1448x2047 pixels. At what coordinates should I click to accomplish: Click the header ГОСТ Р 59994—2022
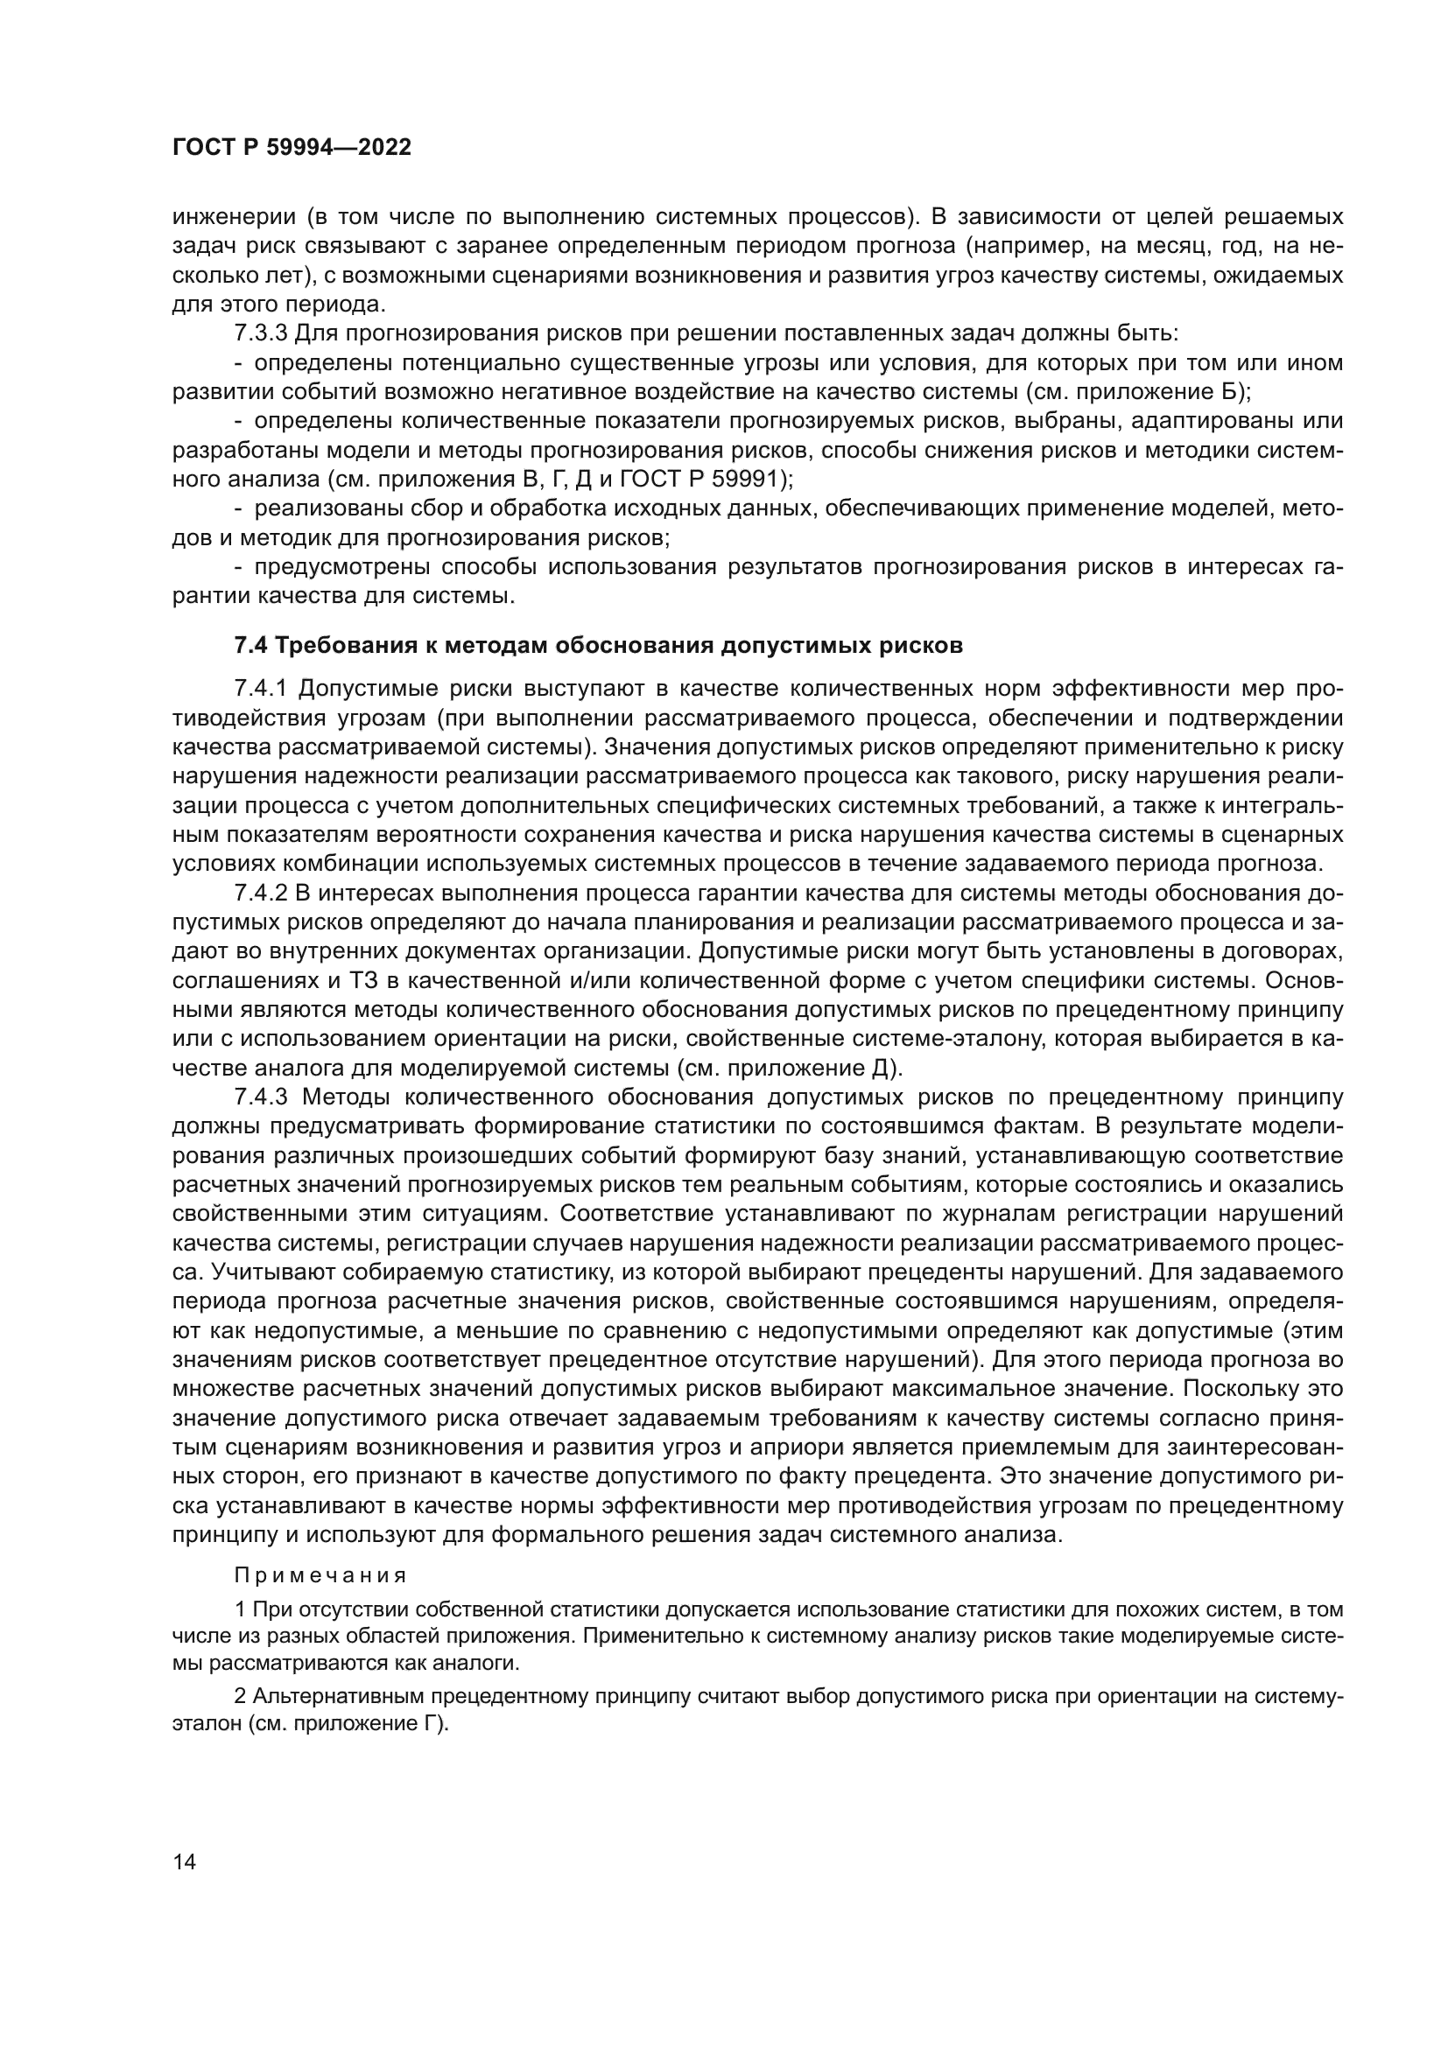coord(292,148)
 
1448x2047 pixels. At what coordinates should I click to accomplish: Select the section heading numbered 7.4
coord(598,646)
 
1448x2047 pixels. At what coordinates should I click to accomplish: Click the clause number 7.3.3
coord(260,333)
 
